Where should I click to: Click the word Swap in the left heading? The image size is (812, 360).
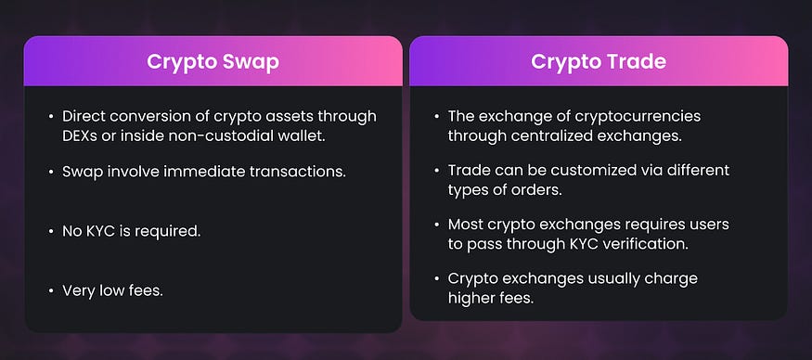click(246, 62)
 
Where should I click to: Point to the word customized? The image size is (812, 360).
click(560, 171)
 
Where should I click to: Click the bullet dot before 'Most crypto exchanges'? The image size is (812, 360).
click(435, 225)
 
